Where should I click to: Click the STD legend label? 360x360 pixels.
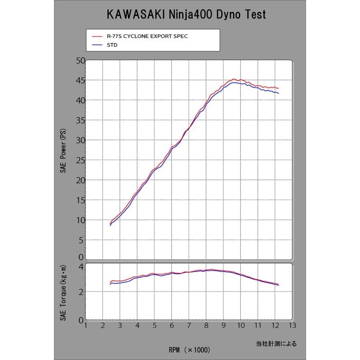pyautogui.click(x=112, y=45)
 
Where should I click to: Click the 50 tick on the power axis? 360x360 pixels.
pyautogui.click(x=79, y=60)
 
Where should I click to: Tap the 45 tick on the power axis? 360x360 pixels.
pyautogui.click(x=79, y=80)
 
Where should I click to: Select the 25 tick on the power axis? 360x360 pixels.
pyautogui.click(x=79, y=160)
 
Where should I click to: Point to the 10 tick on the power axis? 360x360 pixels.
pyautogui.click(x=79, y=220)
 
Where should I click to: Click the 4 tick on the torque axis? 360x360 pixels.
pyautogui.click(x=81, y=266)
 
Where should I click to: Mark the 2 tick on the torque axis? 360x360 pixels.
pyautogui.click(x=81, y=292)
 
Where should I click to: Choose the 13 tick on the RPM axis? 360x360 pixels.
pyautogui.click(x=292, y=325)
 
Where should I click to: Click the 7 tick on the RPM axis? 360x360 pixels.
pyautogui.click(x=189, y=325)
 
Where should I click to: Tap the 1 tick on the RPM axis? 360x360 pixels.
pyautogui.click(x=85, y=325)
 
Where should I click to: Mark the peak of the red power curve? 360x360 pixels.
pyautogui.click(x=234, y=79)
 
